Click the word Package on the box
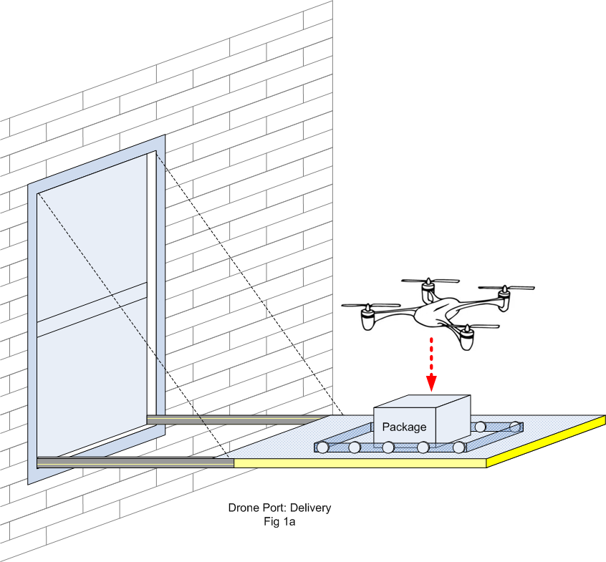[404, 427]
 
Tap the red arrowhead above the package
[431, 381]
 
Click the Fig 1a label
[279, 522]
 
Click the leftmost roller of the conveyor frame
[323, 447]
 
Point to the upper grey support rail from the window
[236, 418]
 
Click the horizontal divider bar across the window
[92, 310]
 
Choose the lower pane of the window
[92, 387]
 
